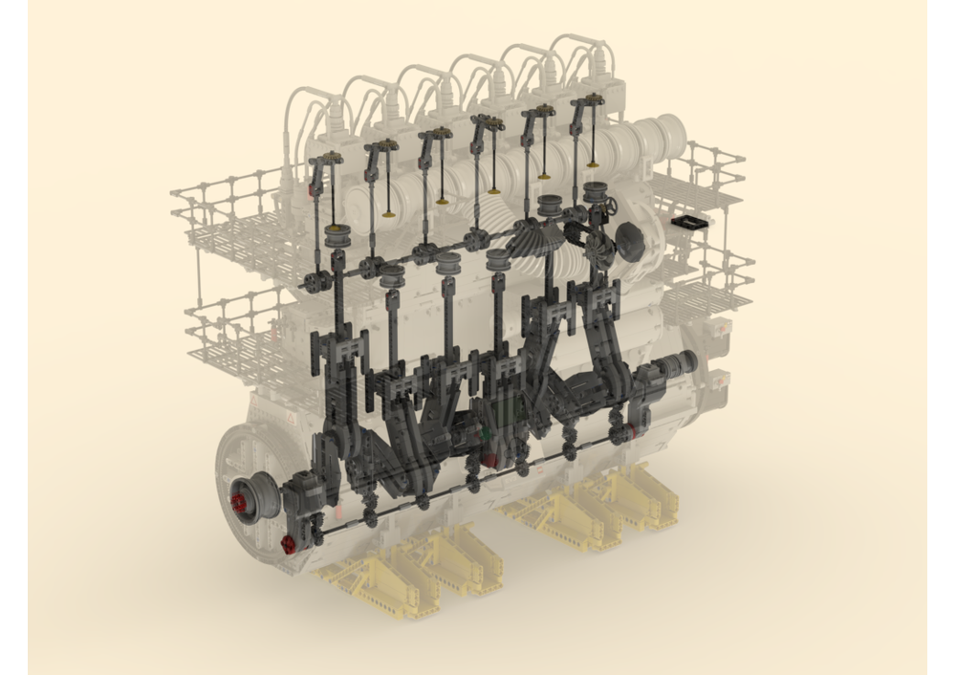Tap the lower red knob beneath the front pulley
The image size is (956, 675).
tap(288, 545)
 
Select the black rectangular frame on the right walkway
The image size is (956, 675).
tap(688, 222)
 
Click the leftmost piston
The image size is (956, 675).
tap(337, 236)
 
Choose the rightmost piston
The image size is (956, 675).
tap(597, 191)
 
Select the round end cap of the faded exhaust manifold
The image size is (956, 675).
tap(674, 133)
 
